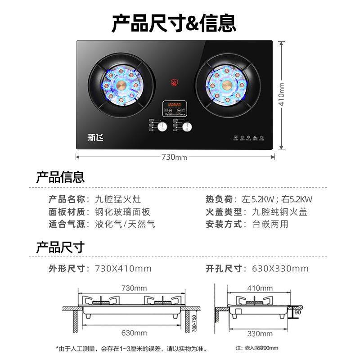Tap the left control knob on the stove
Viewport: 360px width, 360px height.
point(162,127)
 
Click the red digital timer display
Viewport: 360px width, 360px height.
point(175,105)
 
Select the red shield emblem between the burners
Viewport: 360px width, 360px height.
point(174,82)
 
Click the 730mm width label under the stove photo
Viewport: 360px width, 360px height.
point(174,157)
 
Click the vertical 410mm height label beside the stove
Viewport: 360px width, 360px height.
point(282,94)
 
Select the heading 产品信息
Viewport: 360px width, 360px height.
point(60,177)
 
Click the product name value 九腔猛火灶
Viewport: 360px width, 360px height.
point(118,199)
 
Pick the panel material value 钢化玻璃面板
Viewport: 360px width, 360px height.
point(122,212)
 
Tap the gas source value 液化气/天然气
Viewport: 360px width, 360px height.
point(125,224)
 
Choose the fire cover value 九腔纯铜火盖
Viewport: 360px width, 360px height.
point(279,212)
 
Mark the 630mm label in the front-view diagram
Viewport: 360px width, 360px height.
point(134,333)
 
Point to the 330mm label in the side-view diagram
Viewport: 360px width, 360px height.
point(261,333)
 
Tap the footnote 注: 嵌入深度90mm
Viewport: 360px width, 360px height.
point(257,348)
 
